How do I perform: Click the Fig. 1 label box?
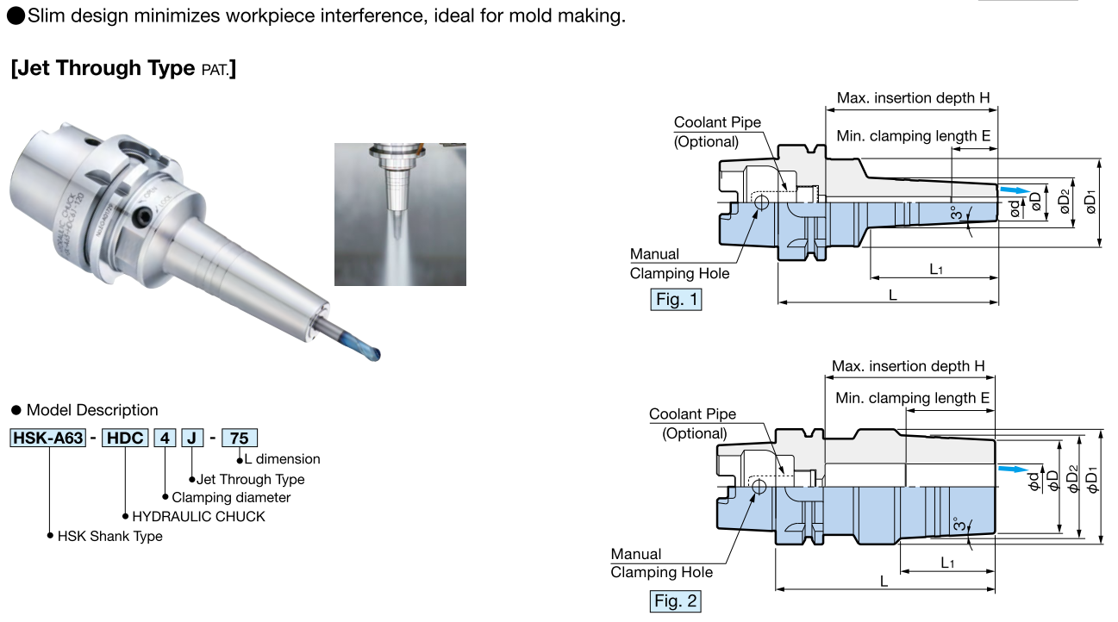coord(676,300)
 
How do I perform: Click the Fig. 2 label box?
coord(675,601)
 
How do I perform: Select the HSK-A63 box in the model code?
coord(47,438)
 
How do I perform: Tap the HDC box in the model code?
coord(125,438)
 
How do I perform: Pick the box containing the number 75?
coord(240,438)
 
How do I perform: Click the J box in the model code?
coord(192,438)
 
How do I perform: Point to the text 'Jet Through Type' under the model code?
coord(250,479)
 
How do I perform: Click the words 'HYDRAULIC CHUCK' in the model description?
coord(198,517)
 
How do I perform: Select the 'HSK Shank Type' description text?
coord(109,536)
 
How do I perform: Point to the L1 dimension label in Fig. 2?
coord(947,563)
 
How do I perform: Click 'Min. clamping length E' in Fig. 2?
coord(912,398)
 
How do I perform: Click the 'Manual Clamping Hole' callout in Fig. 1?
coord(678,264)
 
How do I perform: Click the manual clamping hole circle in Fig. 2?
coord(759,488)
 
